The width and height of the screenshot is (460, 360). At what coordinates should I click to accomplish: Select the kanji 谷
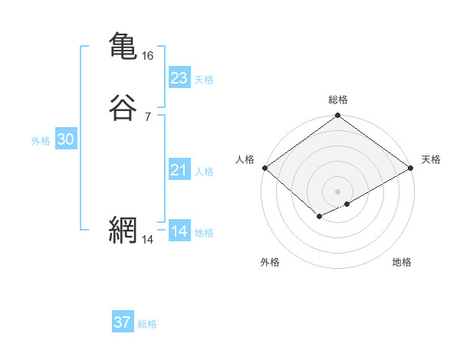(123, 109)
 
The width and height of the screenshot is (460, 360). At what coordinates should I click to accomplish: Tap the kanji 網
(123, 231)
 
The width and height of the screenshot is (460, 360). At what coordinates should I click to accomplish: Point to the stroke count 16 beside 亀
(148, 56)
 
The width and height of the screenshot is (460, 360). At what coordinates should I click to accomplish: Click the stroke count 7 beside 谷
(147, 116)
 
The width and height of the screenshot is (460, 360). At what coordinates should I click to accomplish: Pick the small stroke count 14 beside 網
(148, 240)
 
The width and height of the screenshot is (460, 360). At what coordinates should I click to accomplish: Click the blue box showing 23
(179, 77)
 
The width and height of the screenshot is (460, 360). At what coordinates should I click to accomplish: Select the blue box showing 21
(179, 170)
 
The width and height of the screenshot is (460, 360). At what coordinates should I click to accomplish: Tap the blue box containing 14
(179, 231)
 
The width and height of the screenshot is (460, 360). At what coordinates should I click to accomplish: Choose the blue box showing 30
(66, 139)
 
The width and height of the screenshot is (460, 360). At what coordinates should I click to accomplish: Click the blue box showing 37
(123, 322)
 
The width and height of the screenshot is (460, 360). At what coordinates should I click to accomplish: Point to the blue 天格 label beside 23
(204, 79)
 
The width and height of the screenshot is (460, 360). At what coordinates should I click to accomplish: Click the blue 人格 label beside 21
(204, 172)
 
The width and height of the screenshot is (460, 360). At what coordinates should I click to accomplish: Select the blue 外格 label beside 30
(41, 141)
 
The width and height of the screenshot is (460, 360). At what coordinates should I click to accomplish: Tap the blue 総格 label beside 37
(147, 324)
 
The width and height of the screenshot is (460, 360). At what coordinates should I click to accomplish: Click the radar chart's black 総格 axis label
(338, 100)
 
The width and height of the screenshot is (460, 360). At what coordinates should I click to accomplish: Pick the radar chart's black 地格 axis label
(402, 262)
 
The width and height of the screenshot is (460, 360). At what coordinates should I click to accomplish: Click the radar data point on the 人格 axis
(264, 168)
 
